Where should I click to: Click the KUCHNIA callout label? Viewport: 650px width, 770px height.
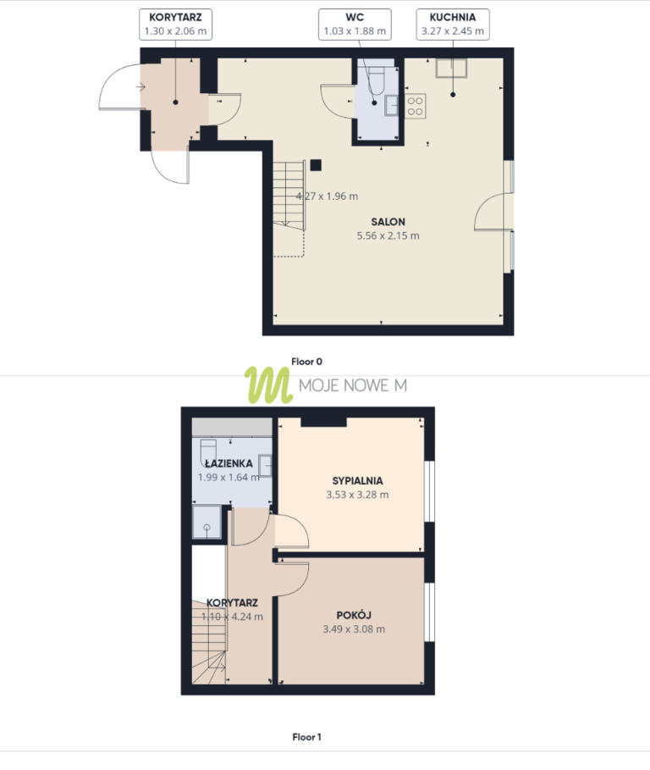pos(453,24)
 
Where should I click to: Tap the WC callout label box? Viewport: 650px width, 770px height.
pos(355,24)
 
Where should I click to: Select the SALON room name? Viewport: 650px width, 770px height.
pos(388,221)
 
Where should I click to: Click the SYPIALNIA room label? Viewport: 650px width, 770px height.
pos(358,481)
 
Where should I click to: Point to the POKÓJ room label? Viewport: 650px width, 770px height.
pos(354,615)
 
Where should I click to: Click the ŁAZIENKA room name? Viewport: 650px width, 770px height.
pos(229,463)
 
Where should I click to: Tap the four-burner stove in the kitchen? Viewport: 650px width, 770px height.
pos(415,106)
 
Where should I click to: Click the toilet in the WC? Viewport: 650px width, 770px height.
pos(377,80)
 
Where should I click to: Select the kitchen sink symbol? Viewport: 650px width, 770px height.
pos(451,68)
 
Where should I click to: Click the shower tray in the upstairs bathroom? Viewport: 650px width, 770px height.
pos(207,522)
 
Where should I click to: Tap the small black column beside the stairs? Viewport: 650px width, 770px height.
pos(316,165)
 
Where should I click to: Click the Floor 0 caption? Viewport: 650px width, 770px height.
pos(306,362)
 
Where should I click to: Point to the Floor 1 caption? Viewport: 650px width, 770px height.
pos(306,737)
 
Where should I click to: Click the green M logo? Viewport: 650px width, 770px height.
pos(268,385)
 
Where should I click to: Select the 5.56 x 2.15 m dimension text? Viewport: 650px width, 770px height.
pos(388,235)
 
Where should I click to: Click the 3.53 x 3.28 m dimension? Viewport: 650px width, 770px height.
pos(358,495)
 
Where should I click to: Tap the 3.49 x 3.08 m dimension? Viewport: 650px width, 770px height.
pos(354,629)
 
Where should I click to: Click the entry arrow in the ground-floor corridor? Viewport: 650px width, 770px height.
pos(140,87)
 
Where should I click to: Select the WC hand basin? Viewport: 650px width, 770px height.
pos(392,105)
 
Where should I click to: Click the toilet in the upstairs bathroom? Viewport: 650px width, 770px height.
pos(208,453)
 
